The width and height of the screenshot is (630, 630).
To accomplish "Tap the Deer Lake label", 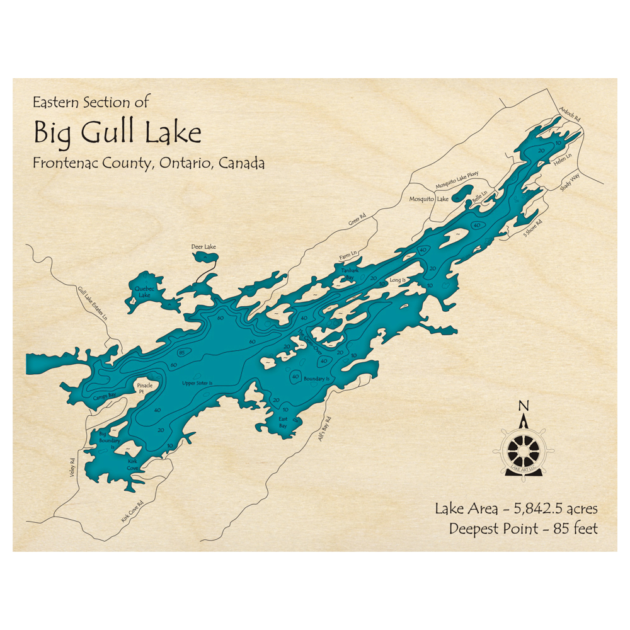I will click(x=203, y=246).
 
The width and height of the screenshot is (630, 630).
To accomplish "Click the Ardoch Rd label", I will click(x=568, y=113).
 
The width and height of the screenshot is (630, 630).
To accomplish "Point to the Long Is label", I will click(x=398, y=279).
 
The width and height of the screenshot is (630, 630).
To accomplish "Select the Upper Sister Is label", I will click(x=198, y=383).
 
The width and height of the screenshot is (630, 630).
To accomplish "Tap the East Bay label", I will click(x=282, y=422).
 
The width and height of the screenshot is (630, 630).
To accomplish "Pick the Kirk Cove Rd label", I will click(x=132, y=512).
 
